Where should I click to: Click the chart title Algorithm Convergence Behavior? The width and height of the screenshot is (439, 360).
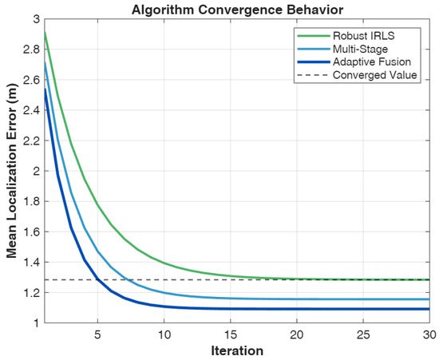237,10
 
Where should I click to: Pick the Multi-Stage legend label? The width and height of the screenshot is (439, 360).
360,49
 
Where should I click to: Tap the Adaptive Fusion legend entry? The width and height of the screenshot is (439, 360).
372,62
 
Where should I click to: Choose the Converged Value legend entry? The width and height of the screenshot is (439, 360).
374,75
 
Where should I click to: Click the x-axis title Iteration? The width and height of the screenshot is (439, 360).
237,350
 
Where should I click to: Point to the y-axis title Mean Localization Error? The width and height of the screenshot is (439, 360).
11,171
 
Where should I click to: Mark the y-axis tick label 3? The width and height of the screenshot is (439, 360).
37,19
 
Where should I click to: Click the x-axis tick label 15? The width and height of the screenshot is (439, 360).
230,334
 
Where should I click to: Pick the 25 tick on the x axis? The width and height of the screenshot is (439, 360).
363,334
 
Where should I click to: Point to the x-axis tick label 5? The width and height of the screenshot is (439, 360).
97,334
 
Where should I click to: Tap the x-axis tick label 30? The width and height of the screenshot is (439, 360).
429,334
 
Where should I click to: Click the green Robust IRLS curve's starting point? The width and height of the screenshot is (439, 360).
45,33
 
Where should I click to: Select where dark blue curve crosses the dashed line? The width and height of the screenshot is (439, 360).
97,279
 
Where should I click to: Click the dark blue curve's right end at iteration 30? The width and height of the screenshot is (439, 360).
429,309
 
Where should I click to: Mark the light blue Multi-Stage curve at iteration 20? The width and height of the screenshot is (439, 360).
297,299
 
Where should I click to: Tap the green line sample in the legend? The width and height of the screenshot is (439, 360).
314,36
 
